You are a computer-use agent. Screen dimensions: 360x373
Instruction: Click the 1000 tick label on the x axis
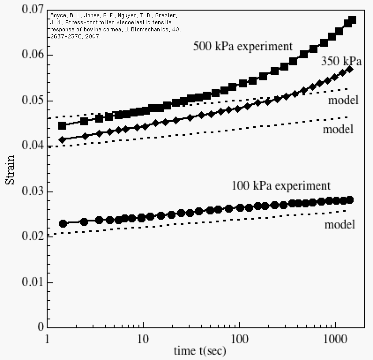(x=336, y=341)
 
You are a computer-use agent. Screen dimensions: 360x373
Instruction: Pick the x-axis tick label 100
(x=239, y=341)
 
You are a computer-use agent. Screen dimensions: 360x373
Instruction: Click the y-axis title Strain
(x=10, y=169)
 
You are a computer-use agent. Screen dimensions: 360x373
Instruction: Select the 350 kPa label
(x=342, y=61)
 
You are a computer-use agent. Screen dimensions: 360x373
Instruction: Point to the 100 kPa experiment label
(x=281, y=185)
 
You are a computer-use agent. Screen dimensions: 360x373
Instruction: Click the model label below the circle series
(x=340, y=225)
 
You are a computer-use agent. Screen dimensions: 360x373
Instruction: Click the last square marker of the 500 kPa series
(x=352, y=20)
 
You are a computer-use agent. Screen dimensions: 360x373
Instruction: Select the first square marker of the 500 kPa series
(x=62, y=126)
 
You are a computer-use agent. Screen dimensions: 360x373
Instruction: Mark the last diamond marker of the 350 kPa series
(x=350, y=69)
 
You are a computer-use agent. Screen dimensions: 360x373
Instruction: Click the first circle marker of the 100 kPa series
(x=63, y=223)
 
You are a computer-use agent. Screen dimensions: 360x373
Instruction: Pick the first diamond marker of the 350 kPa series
(x=62, y=140)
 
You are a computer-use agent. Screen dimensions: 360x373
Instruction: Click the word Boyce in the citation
(x=57, y=15)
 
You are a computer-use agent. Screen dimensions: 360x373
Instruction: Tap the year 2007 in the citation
(x=93, y=37)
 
